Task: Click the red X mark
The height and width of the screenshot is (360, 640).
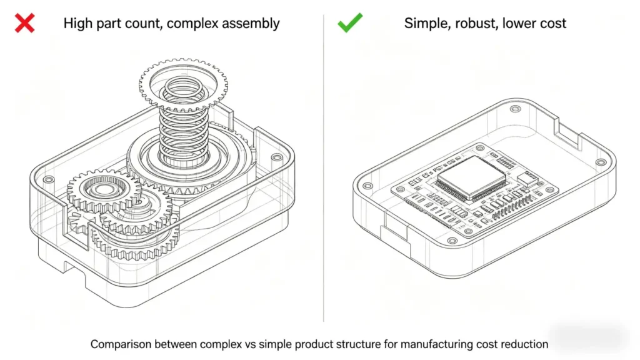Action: click(x=24, y=24)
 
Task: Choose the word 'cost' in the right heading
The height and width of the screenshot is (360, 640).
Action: click(x=552, y=24)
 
